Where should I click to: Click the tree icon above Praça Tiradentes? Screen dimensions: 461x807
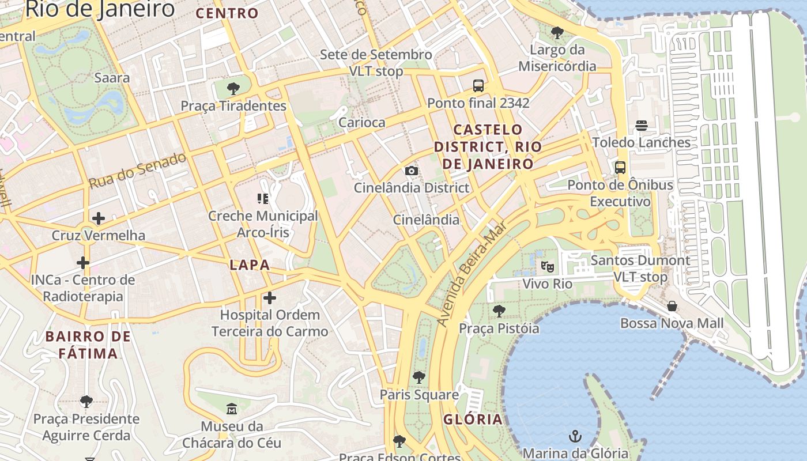[233, 89]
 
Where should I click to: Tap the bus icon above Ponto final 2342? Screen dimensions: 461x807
[478, 86]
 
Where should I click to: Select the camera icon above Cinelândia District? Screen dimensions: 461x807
[412, 171]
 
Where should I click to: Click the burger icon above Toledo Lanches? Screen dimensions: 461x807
[642, 125]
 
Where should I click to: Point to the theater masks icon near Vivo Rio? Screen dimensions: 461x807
[547, 266]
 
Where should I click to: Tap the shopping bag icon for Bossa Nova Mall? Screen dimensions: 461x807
[672, 306]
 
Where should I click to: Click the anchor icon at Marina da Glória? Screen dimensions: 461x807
[575, 436]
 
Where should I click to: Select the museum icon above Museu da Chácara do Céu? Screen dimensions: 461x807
[232, 409]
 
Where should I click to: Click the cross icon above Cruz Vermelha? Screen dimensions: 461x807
[99, 218]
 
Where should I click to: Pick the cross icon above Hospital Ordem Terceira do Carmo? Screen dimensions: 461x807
[269, 298]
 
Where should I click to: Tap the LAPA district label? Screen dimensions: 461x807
[250, 265]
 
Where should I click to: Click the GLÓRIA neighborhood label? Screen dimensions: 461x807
[473, 420]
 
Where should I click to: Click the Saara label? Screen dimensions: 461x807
[112, 78]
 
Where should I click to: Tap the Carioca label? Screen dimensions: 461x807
[361, 122]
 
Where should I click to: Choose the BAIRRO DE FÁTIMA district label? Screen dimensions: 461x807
[88, 345]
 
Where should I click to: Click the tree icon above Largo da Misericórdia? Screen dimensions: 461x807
[557, 33]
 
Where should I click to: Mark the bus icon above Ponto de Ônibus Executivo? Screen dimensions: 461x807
[620, 168]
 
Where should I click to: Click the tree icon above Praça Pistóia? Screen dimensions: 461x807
[499, 311]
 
